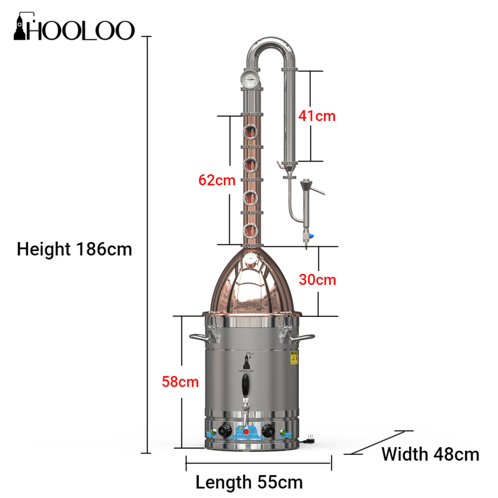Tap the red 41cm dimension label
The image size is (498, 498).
pyautogui.click(x=316, y=115)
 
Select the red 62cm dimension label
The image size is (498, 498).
pyautogui.click(x=217, y=180)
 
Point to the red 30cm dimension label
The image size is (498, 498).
pyautogui.click(x=317, y=280)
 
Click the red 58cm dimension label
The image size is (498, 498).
pyautogui.click(x=181, y=381)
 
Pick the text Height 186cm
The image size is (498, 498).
pyautogui.click(x=74, y=249)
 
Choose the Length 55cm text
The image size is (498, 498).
pyautogui.click(x=249, y=483)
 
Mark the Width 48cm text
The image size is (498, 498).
pyautogui.click(x=430, y=454)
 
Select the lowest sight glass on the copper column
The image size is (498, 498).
pyautogui.click(x=250, y=230)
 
